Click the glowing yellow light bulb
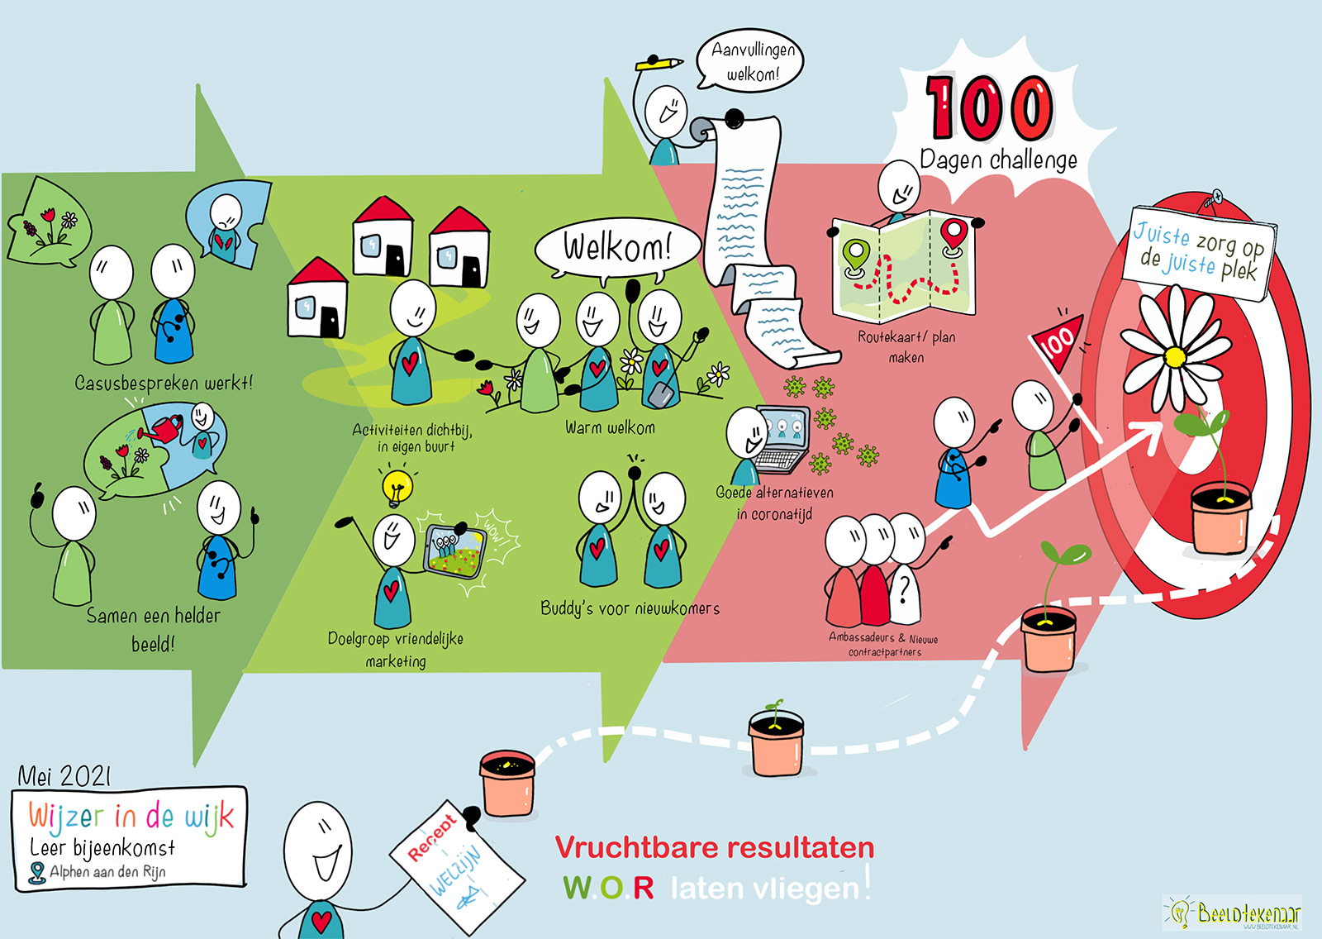tap(397, 486)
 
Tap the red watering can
tap(165, 428)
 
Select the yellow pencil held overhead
tap(659, 63)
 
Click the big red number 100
tap(989, 107)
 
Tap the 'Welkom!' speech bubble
tap(617, 246)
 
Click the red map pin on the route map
tap(953, 235)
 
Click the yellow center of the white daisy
tap(1174, 358)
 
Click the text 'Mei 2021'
tap(64, 775)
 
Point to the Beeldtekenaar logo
tap(1233, 913)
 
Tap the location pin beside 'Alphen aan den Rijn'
tap(36, 872)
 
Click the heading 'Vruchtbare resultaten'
tap(714, 848)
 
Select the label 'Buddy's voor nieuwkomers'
tap(630, 609)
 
